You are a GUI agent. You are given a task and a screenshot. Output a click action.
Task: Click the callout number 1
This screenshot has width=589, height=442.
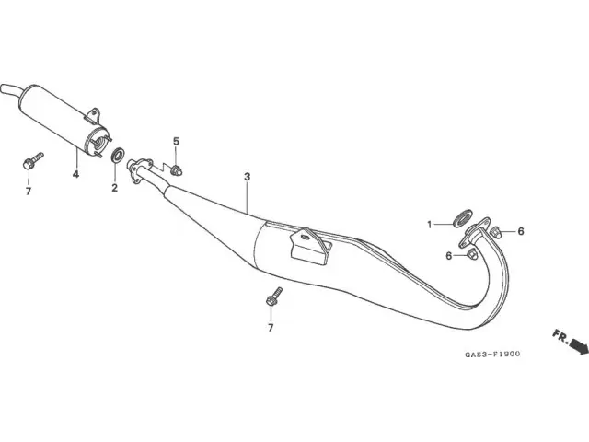[x=430, y=225]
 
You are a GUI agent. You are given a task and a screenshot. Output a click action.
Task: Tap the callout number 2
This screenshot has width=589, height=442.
[x=114, y=188]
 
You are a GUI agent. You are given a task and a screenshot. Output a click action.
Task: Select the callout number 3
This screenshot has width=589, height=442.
[x=247, y=177]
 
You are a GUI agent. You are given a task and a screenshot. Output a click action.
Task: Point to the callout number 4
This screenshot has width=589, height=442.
[x=75, y=174]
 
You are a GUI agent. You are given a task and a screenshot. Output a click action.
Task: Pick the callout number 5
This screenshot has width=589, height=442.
[x=176, y=141]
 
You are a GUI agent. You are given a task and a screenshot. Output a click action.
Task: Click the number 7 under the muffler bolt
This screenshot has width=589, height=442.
[x=29, y=192]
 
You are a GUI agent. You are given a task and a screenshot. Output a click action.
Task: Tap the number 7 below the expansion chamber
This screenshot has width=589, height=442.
[x=271, y=328]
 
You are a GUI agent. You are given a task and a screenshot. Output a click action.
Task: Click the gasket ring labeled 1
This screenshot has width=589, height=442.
[x=462, y=218]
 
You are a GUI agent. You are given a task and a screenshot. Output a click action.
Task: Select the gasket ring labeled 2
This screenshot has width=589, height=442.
[x=119, y=156]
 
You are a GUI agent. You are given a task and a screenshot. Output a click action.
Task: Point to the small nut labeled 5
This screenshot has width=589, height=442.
[x=176, y=170]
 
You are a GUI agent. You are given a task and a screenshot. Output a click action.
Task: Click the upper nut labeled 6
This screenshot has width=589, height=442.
[x=496, y=232]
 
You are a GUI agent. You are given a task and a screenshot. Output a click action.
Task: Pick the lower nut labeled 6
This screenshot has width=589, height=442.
[x=472, y=254]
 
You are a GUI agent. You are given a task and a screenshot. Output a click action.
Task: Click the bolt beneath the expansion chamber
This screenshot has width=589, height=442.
[x=274, y=297]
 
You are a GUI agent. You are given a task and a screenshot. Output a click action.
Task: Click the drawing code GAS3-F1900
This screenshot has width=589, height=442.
[x=492, y=354]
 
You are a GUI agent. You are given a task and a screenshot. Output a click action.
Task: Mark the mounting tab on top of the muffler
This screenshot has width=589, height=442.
[x=92, y=115]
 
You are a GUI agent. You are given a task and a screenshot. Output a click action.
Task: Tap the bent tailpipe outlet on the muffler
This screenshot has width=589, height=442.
[x=10, y=91]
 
